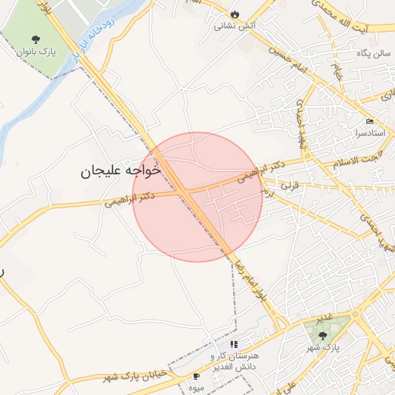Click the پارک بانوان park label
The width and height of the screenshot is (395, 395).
coord(34,52)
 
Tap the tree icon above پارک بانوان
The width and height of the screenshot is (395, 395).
coord(35,39)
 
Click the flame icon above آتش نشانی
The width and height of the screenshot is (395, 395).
coord(235,14)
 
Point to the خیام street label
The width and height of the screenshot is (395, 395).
coord(337,73)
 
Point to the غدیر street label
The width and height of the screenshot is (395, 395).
coord(326,318)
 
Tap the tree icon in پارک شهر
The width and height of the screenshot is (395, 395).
coord(321,335)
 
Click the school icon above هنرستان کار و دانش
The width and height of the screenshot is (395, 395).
coord(234,343)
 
